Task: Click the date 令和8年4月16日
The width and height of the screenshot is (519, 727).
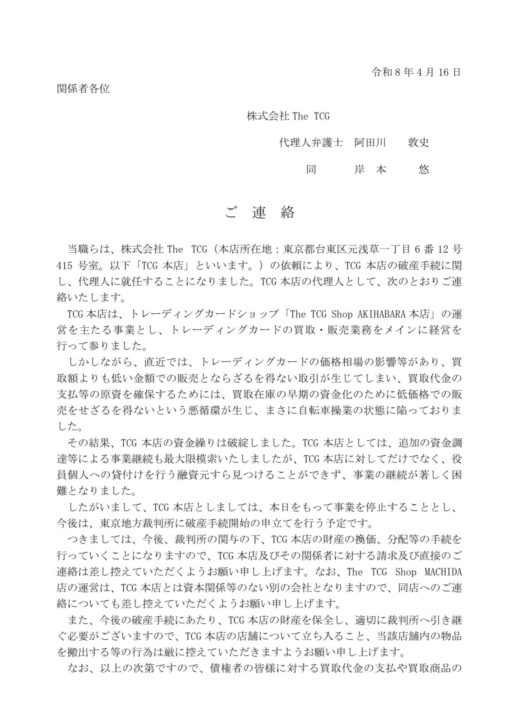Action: [x=415, y=72]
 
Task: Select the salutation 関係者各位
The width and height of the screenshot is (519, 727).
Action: [x=83, y=89]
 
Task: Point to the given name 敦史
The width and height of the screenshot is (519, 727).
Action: [x=418, y=142]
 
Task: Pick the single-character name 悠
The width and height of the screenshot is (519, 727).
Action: [x=423, y=169]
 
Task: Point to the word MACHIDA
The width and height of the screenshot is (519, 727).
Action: [x=443, y=572]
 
